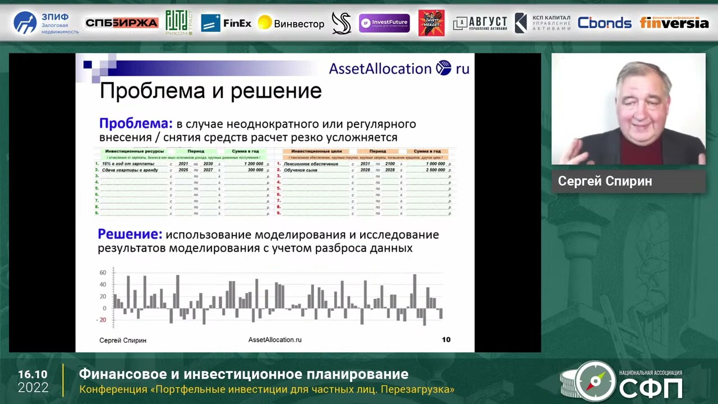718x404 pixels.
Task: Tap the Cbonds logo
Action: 604,23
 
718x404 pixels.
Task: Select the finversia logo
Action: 674,23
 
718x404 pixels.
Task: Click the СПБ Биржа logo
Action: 122,23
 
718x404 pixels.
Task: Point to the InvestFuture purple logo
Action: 384,23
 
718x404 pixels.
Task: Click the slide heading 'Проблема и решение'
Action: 210,91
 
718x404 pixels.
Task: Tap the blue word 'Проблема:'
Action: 135,123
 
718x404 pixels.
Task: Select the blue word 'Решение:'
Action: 130,234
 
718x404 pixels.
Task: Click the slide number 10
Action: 446,339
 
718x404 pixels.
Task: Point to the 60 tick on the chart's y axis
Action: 103,273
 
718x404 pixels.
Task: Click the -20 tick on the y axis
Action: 101,320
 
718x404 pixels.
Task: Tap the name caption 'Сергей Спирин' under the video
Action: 605,181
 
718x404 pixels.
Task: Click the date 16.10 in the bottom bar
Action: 33,374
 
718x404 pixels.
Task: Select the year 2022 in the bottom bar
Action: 33,388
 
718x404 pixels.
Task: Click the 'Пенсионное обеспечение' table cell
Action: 311,164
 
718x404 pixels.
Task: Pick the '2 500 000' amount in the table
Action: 435,169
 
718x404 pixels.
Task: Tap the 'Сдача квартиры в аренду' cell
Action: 130,169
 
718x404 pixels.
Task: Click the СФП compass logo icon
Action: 595,382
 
